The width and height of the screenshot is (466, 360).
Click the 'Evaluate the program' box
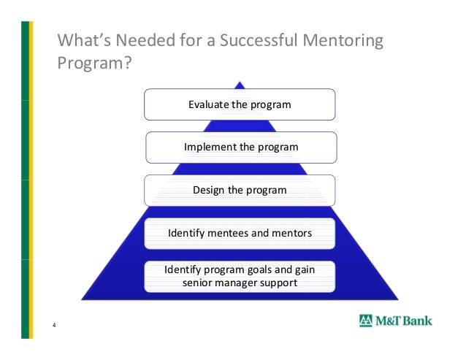pyautogui.click(x=240, y=104)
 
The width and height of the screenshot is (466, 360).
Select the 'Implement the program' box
pyautogui.click(x=241, y=147)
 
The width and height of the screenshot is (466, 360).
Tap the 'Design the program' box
pyautogui.click(x=240, y=190)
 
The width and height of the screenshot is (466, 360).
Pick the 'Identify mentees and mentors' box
pyautogui.click(x=240, y=234)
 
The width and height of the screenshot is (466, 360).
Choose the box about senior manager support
pyautogui.click(x=240, y=275)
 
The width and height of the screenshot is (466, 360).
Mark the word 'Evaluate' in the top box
pyautogui.click(x=209, y=104)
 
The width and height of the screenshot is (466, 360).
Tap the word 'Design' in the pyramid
pyautogui.click(x=209, y=190)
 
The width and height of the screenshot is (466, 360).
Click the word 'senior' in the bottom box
pyautogui.click(x=197, y=282)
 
